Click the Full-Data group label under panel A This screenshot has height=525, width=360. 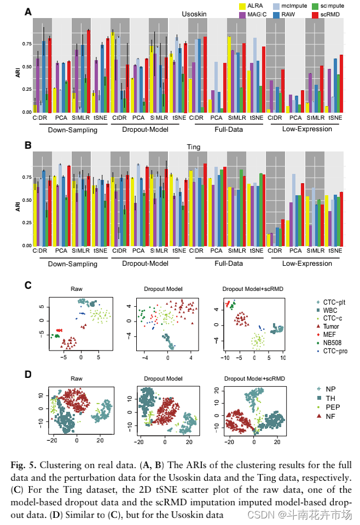pos(228,130)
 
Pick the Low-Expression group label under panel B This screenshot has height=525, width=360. pos(307,264)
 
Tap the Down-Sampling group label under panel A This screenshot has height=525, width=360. pos(72,130)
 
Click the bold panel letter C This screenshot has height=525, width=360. pos(28,285)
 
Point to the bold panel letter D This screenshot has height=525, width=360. pos(28,375)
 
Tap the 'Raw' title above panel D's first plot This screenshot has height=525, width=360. pos(77,378)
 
